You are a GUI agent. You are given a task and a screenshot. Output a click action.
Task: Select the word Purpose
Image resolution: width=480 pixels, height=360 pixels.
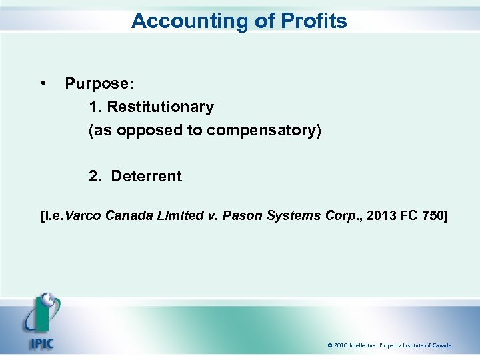tap(99, 84)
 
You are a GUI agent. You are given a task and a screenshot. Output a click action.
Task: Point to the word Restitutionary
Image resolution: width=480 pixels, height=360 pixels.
tap(161, 107)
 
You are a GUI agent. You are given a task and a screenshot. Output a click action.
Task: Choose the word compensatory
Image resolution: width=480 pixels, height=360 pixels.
tap(264, 131)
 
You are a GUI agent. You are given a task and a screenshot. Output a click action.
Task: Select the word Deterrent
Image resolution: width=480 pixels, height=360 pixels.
tap(146, 176)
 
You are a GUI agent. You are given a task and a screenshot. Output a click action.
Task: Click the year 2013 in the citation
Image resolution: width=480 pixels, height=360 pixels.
tap(380, 216)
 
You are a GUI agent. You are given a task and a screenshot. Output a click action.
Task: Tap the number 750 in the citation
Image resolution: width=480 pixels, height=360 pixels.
tap(433, 216)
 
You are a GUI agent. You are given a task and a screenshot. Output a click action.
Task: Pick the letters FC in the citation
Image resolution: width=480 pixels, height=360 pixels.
tap(409, 216)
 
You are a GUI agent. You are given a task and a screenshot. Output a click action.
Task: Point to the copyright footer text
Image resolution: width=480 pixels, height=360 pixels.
tap(389, 345)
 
